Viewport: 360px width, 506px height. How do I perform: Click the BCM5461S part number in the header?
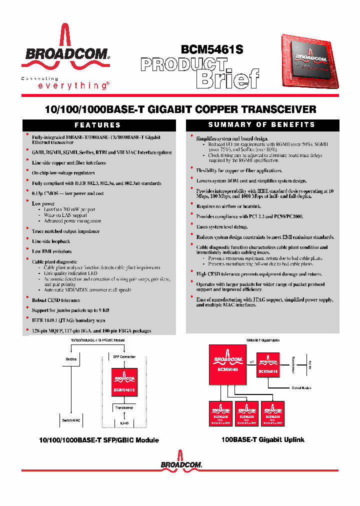tap(211, 49)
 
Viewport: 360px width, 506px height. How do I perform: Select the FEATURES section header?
tap(98, 125)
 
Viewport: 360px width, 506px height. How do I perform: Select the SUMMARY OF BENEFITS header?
tap(262, 124)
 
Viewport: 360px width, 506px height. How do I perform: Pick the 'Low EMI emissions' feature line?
tap(51, 251)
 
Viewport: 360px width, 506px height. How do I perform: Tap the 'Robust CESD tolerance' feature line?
tap(55, 300)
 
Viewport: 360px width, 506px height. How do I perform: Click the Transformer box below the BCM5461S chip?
tap(123, 408)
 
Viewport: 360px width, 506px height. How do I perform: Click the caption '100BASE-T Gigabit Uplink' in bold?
tap(262, 439)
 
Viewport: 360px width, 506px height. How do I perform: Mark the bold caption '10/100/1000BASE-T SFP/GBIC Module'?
tap(99, 440)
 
